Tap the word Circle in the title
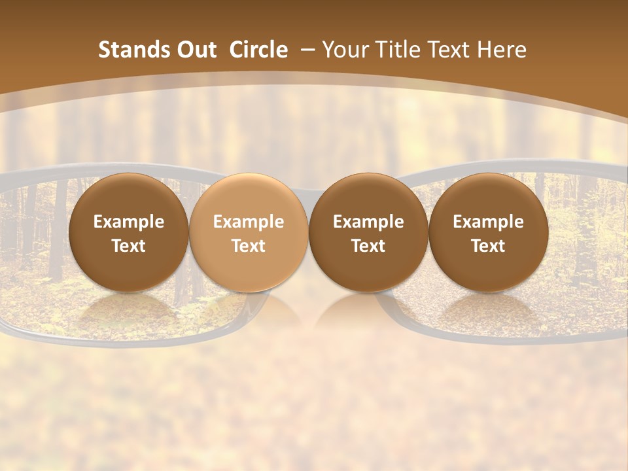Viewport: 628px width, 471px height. [x=258, y=50]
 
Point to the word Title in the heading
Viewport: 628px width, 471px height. [x=398, y=50]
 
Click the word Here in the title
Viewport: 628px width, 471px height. [x=502, y=50]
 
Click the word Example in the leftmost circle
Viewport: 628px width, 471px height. [x=128, y=222]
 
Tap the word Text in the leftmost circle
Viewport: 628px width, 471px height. [x=128, y=246]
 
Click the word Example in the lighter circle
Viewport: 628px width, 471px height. [x=249, y=222]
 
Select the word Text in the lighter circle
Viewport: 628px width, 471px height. [x=249, y=246]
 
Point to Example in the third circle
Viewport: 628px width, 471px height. [x=368, y=222]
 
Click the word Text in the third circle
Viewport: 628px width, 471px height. [x=368, y=246]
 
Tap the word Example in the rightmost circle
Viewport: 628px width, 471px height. [x=488, y=222]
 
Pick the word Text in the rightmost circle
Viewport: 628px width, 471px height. [x=488, y=246]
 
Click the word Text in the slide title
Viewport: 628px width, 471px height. [x=450, y=50]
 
